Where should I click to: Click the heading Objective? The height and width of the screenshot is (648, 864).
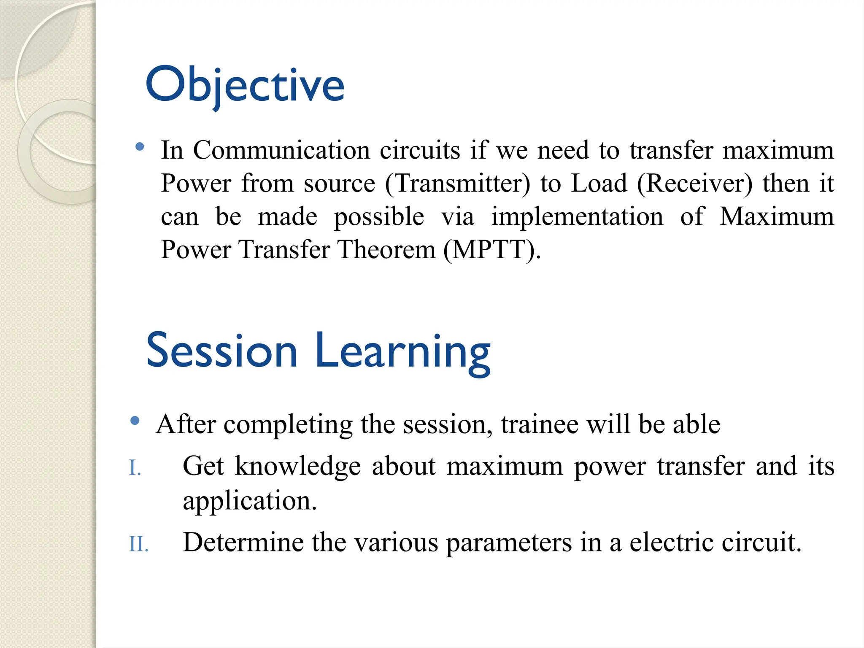245,86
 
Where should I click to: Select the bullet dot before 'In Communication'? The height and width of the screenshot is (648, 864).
140,147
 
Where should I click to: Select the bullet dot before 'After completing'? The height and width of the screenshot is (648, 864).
135,421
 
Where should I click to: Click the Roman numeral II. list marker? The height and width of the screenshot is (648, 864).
138,544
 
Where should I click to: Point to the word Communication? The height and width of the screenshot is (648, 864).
281,150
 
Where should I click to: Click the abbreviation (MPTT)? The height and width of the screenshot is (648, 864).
492,250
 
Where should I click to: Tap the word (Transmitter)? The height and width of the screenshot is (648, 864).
458,184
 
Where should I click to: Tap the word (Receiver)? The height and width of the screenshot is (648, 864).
694,184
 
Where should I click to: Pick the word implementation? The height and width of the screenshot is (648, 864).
577,217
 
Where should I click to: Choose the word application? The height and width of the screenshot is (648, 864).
249,501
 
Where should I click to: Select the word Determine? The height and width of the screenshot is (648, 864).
243,543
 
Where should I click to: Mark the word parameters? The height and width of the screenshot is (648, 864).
509,543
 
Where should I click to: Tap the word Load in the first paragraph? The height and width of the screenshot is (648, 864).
599,184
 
